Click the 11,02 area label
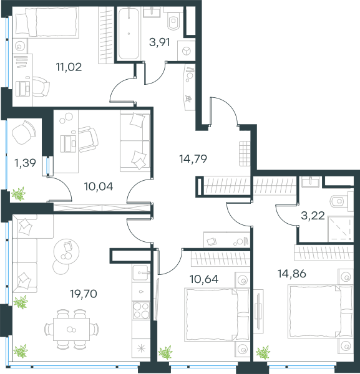69,67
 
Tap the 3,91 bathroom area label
160,42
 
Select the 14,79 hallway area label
193,158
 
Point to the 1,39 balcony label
25,163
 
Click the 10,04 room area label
99,186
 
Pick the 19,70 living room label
84,294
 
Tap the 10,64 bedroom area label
204,279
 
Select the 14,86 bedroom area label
292,274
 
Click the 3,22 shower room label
313,216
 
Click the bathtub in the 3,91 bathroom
129,34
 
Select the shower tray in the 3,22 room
341,229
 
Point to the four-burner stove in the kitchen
141,310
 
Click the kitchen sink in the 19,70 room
141,272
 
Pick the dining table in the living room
71,329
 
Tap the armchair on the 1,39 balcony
24,132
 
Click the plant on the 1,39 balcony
18,194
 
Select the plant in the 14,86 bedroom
263,352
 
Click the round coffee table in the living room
66,251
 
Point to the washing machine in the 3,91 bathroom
186,51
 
